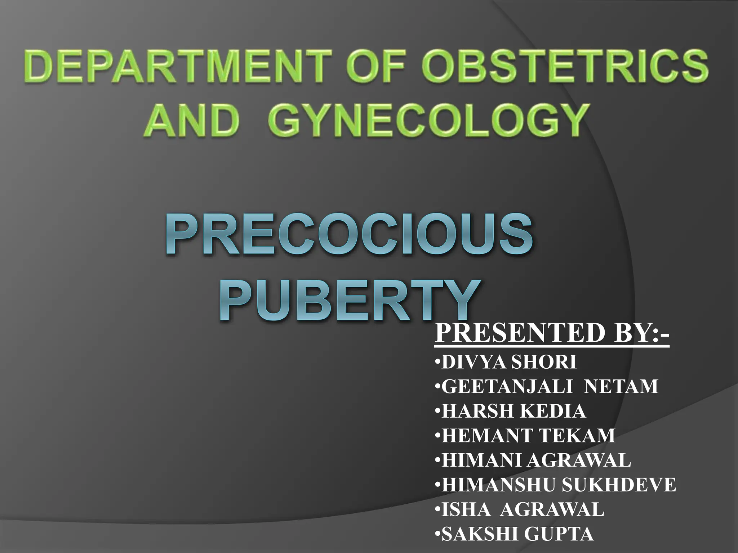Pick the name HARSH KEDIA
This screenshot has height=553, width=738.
click(x=514, y=411)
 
